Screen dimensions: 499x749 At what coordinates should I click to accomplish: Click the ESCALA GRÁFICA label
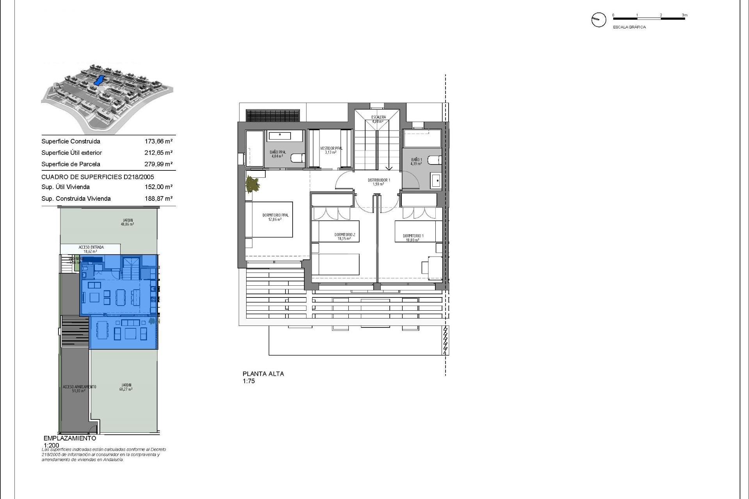tap(629, 27)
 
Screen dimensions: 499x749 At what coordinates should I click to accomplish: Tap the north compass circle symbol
tap(599, 19)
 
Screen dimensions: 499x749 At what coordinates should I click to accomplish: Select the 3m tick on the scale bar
tap(685, 16)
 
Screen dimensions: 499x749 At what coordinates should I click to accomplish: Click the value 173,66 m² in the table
tap(158, 142)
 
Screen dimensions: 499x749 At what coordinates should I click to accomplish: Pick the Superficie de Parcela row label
tap(71, 164)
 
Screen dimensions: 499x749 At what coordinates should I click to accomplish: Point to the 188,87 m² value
tap(158, 198)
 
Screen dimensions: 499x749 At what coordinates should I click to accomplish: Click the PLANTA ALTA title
tap(263, 373)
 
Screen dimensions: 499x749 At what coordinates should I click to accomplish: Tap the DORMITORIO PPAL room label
tap(276, 215)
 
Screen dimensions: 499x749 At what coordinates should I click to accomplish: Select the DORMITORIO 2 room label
tap(345, 235)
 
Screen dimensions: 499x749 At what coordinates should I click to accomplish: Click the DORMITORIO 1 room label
tap(413, 236)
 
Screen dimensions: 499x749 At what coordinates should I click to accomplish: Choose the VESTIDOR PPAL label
tap(331, 149)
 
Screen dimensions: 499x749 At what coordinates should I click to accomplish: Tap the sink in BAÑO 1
tap(437, 181)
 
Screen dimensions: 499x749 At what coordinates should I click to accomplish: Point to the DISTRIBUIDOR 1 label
tap(378, 180)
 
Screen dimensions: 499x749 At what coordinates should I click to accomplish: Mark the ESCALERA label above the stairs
tap(378, 117)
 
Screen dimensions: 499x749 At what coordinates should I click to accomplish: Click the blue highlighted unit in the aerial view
tap(99, 81)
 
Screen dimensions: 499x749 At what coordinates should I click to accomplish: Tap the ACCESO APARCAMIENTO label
tap(79, 387)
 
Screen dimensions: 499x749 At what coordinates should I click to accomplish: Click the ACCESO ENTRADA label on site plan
tap(91, 247)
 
